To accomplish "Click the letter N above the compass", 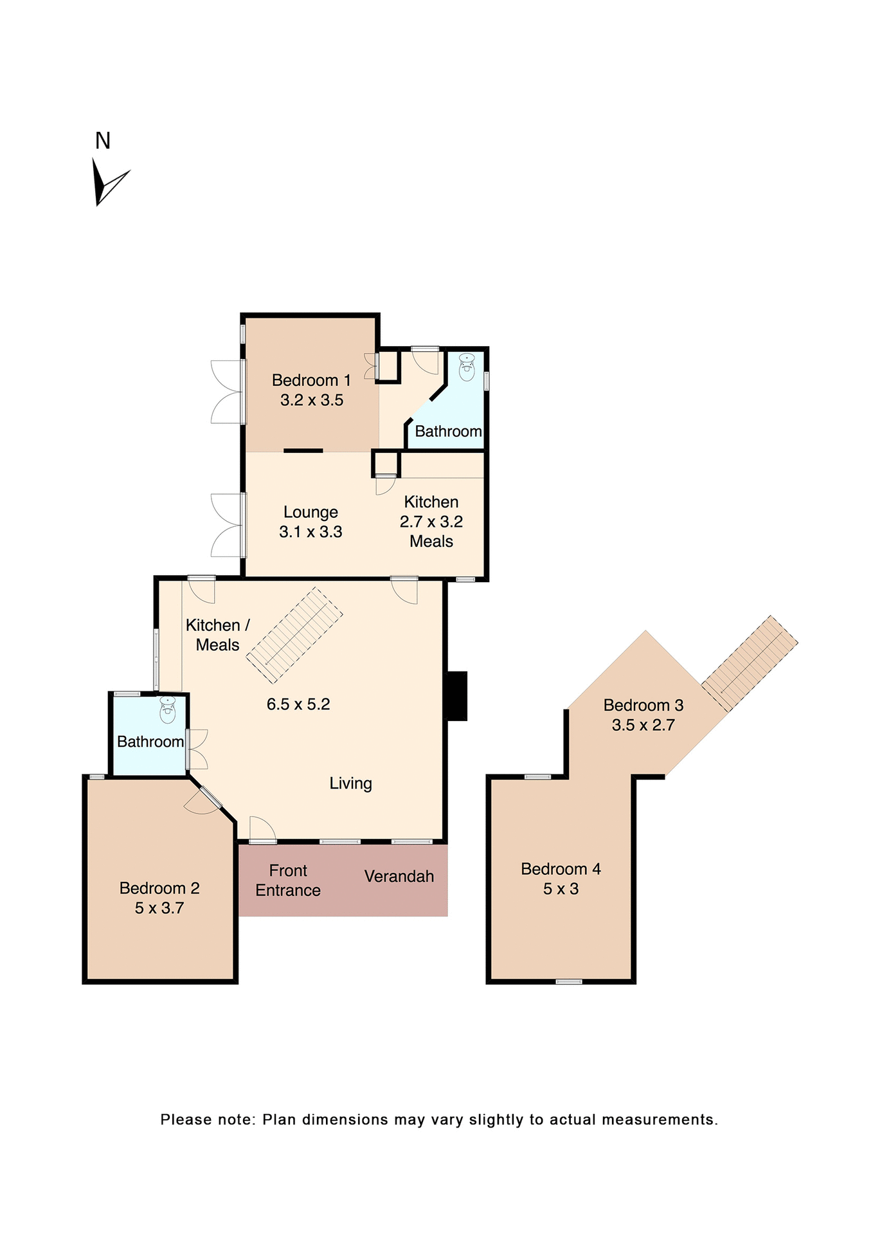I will tap(103, 141).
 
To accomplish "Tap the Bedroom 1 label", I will tap(311, 380).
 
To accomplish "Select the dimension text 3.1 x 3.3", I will tap(310, 532).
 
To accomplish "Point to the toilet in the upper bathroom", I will tap(467, 369).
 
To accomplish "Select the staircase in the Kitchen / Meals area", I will tap(295, 635).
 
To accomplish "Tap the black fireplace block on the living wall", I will tap(456, 695).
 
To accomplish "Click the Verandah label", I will tap(399, 876).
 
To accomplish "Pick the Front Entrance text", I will tap(288, 880).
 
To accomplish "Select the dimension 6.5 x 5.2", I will tap(298, 704).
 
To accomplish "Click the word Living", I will tap(350, 783).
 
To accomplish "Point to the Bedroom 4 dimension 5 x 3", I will tap(561, 889).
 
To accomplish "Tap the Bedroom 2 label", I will tap(159, 888).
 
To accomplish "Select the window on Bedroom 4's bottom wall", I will tap(568, 982).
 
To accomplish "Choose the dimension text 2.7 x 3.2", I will tap(431, 522).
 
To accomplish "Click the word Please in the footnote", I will tap(186, 1119).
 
